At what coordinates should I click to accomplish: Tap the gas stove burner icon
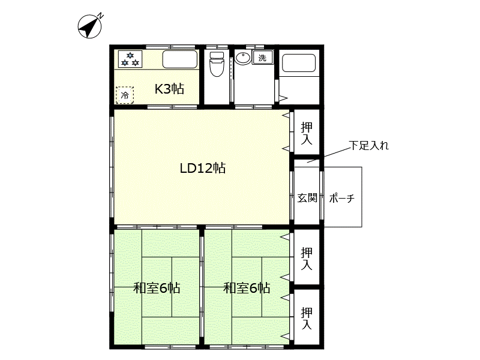[130, 59]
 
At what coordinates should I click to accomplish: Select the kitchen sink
[180, 59]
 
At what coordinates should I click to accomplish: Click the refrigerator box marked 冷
[125, 95]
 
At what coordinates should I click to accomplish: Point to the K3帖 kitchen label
[169, 89]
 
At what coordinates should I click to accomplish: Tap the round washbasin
[242, 58]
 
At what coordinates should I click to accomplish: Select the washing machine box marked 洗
[262, 58]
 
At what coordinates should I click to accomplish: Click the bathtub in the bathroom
[298, 63]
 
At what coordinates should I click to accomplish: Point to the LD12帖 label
[202, 169]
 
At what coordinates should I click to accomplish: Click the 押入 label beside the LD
[307, 133]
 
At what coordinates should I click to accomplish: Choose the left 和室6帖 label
[157, 288]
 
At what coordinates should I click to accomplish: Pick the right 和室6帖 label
[247, 288]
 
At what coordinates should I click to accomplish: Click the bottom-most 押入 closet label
[307, 318]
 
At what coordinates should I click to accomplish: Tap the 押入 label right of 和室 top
[307, 258]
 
